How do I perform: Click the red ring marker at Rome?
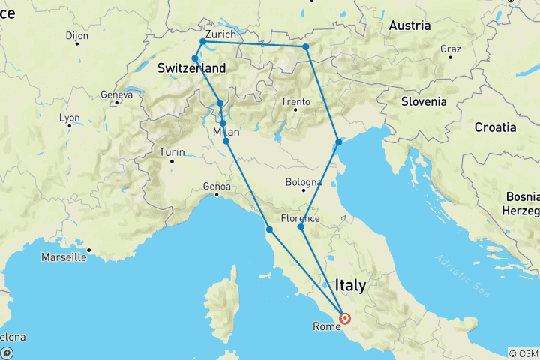coord(345,318)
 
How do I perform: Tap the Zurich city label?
coord(220,34)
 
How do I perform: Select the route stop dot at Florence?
coord(301,226)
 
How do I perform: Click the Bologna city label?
coord(304,182)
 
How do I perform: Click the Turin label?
coord(172,152)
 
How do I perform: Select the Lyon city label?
coord(70,118)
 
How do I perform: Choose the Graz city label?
coord(450,49)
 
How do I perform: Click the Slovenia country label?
coord(424,101)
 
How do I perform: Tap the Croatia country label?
coord(495,127)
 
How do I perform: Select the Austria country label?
coord(409,25)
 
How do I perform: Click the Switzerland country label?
coord(191,68)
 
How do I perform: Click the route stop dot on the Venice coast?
coord(339,142)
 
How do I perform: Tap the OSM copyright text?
coord(523,353)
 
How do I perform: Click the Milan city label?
coord(226,132)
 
